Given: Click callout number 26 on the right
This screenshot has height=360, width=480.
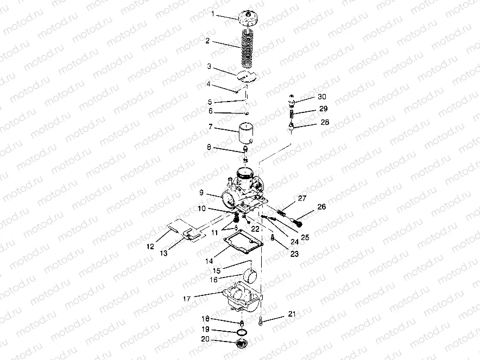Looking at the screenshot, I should (x=321, y=206).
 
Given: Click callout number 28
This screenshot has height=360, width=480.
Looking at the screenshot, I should (x=325, y=123).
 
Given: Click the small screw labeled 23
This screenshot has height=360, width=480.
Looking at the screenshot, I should (x=272, y=237).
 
